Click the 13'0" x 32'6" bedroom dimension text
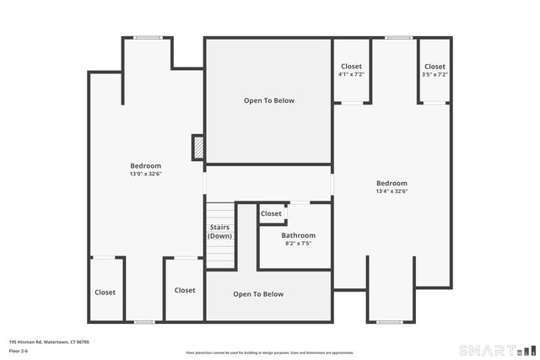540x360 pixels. point(145,175)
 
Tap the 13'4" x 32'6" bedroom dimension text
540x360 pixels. point(391,191)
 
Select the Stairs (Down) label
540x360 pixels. point(220,231)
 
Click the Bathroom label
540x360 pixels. point(299,235)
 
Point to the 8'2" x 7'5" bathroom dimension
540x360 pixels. point(299,244)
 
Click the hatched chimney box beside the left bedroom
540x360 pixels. point(198,148)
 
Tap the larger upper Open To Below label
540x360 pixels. point(269,100)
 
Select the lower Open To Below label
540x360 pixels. point(258,294)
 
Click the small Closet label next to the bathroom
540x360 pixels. point(271,214)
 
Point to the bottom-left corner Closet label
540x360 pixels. point(105,293)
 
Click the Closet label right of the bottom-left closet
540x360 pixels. point(185,290)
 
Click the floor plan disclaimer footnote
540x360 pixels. point(269,352)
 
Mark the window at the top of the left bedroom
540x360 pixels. point(148,37)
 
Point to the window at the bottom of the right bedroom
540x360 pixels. point(390,321)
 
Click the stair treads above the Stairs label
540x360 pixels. point(220,211)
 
